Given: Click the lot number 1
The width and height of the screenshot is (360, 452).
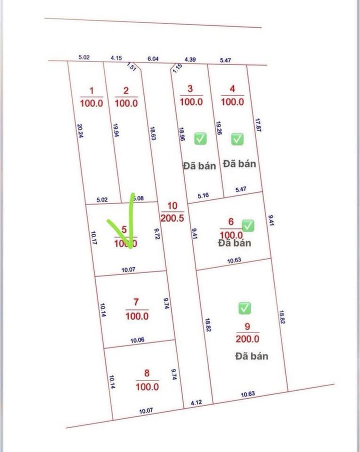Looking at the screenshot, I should (x=91, y=90).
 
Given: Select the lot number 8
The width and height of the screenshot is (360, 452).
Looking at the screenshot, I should (x=146, y=373).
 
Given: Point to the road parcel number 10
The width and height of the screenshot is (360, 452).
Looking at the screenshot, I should (x=172, y=206).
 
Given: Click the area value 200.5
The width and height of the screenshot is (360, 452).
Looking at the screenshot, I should (x=172, y=217).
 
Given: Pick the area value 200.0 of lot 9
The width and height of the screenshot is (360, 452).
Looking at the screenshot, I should (x=247, y=338).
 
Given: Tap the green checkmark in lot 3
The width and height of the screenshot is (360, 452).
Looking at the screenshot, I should (x=200, y=138).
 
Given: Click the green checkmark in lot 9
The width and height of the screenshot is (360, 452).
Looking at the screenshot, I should (x=244, y=308).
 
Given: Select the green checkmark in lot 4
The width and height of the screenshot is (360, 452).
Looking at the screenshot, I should (x=237, y=138).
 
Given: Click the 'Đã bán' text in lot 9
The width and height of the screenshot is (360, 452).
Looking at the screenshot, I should (x=251, y=356).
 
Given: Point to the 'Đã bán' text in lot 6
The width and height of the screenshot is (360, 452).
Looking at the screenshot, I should (x=234, y=243).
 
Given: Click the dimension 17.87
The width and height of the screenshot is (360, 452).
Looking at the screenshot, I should (x=258, y=125).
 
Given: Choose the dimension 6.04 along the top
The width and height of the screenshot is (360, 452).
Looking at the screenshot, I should (x=153, y=58).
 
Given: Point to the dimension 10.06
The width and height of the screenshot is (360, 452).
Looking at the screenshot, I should (x=137, y=340).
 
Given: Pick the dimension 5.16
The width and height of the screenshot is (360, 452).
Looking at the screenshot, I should (x=203, y=195).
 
